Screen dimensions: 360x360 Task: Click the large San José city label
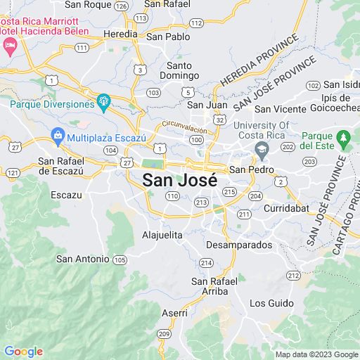click(179, 180)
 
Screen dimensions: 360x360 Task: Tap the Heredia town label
click(120, 34)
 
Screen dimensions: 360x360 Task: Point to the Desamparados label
click(239, 245)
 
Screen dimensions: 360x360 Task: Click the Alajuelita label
click(162, 235)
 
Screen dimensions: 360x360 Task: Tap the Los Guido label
click(271, 303)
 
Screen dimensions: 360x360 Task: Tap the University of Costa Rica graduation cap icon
click(262, 149)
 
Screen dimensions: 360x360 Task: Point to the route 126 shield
click(122, 6)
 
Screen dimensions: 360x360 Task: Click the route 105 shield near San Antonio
click(120, 259)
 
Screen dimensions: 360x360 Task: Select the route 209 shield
click(164, 333)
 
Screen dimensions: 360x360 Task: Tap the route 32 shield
click(221, 121)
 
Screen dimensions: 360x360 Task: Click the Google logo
click(23, 352)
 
